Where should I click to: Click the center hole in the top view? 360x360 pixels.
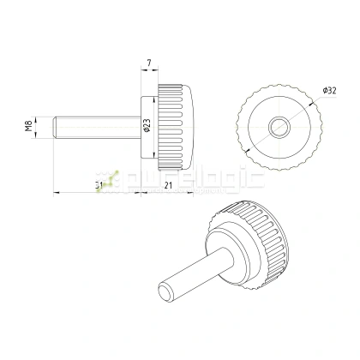[279, 127]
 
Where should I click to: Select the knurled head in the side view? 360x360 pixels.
[176, 127]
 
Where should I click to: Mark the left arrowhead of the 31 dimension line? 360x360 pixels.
[57, 191]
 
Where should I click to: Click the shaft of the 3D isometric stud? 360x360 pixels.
[193, 274]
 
